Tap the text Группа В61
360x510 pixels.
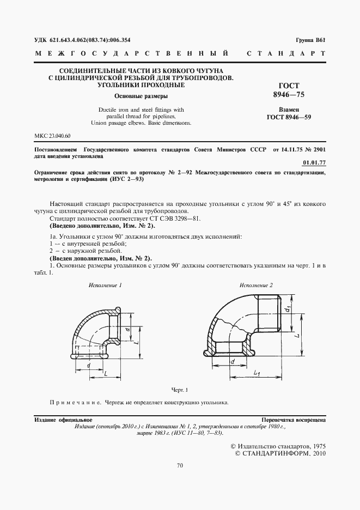[310, 40]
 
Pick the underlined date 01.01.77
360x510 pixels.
[314, 162]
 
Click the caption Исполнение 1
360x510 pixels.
[106, 285]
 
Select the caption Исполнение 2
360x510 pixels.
[256, 285]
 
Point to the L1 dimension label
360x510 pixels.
[256, 373]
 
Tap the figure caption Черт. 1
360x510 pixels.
[179, 390]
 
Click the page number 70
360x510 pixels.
[180, 465]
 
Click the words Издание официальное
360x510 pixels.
[63, 421]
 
